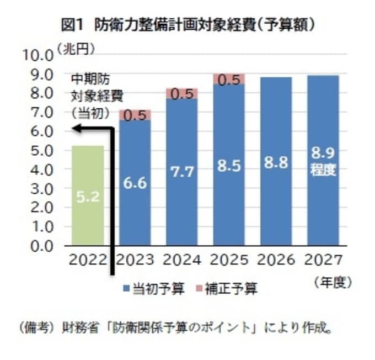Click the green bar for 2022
[87, 195]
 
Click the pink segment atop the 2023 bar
[135, 115]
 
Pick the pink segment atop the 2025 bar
[229, 79]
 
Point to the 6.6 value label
[135, 183]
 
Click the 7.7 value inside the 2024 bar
[182, 172]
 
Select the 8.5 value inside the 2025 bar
[229, 166]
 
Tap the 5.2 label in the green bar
[87, 197]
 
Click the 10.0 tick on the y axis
[36, 55]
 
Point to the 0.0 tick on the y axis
[40, 246]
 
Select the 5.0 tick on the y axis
[40, 150]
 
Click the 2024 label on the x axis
[182, 260]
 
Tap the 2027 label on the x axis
[323, 260]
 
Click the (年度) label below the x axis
[332, 282]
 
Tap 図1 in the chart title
[72, 25]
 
